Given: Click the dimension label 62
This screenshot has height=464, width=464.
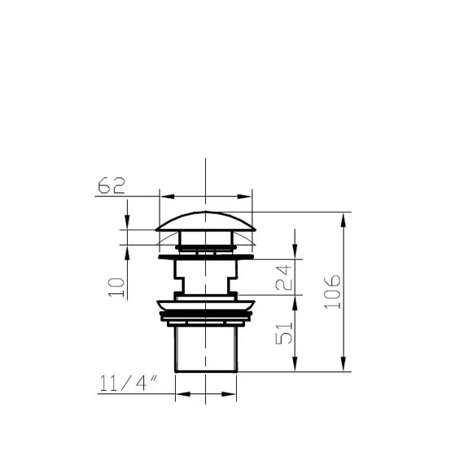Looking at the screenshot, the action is click(x=112, y=186).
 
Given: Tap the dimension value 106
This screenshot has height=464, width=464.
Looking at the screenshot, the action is click(x=333, y=291).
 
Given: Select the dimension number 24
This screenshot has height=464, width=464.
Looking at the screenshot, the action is click(x=283, y=278).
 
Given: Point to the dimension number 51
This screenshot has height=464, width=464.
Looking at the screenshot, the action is click(x=284, y=333).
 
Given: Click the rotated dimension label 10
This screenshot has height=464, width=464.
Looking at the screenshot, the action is click(x=116, y=287).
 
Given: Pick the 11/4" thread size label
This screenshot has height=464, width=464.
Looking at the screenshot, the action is click(x=129, y=383).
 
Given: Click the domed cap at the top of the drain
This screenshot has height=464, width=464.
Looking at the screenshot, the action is click(x=206, y=221).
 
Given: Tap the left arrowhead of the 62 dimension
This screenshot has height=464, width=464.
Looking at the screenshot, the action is click(x=168, y=196).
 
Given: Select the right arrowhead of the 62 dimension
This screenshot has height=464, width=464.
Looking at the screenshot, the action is click(x=244, y=196).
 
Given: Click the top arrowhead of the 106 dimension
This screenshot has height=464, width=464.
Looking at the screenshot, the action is click(x=344, y=220).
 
